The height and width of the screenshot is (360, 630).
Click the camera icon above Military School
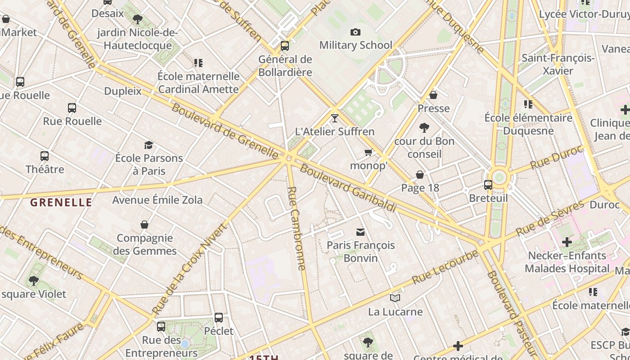click(x=355, y=32)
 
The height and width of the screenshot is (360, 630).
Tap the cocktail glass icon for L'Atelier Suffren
click(x=334, y=118)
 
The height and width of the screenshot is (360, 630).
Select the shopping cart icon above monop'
click(x=369, y=153)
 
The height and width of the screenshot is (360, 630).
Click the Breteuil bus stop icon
click(x=488, y=184)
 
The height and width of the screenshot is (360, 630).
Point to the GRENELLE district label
click(x=61, y=202)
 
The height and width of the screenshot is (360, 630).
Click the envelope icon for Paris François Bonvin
click(x=360, y=232)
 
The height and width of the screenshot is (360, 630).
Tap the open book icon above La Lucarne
click(x=395, y=298)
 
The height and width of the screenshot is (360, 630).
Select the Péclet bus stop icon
click(x=219, y=318)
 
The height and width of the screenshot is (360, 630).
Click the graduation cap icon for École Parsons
click(x=148, y=145)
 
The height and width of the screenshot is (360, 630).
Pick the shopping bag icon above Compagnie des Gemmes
click(x=144, y=224)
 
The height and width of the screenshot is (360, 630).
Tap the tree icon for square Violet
click(x=33, y=281)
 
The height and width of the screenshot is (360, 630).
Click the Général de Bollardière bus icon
click(x=284, y=46)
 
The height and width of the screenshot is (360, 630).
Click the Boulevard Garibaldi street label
click(x=348, y=188)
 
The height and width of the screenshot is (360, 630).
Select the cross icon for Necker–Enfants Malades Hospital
click(x=567, y=242)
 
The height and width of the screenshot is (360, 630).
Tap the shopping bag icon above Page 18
click(x=420, y=175)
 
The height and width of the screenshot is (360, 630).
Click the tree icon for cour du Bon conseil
click(x=424, y=128)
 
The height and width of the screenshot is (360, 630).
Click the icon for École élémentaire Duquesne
click(x=528, y=104)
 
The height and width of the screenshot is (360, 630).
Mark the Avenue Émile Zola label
click(x=157, y=200)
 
